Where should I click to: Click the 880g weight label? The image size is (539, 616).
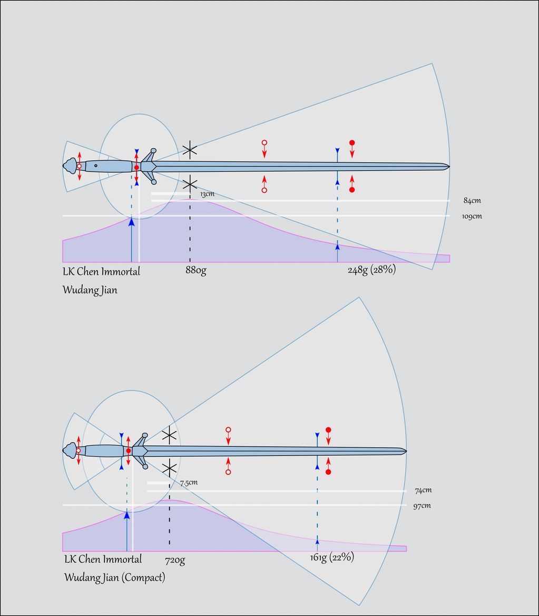[x=195, y=271]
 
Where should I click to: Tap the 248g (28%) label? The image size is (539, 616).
[x=371, y=270]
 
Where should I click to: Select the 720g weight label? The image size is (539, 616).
[x=174, y=560]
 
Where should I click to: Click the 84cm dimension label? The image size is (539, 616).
[x=472, y=201]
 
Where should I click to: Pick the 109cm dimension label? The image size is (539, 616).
[x=473, y=216]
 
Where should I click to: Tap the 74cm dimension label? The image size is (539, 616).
[x=423, y=491]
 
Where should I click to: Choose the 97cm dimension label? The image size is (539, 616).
[x=422, y=506]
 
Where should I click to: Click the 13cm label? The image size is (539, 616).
[x=207, y=194]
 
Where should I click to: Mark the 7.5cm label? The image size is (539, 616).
[x=189, y=483]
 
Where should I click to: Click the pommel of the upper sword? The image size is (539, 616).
[x=70, y=166]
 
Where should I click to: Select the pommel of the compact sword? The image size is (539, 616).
[x=69, y=451]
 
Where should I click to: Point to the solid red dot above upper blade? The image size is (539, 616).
[x=352, y=143]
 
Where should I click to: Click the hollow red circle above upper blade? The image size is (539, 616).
[x=264, y=143]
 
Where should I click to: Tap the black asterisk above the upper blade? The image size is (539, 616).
[x=190, y=150]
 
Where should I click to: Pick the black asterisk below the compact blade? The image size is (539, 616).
[x=169, y=468]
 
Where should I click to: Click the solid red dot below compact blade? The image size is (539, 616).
[x=328, y=472]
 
